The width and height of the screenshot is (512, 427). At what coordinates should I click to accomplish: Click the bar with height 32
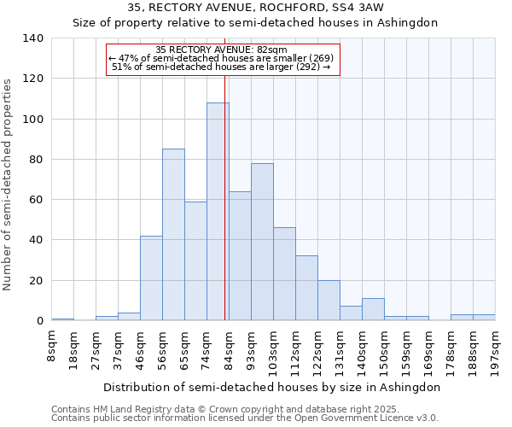click(x=306, y=288)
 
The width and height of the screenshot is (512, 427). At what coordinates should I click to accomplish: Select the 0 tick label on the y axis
click(x=39, y=321)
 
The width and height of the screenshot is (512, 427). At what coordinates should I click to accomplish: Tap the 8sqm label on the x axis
click(x=52, y=346)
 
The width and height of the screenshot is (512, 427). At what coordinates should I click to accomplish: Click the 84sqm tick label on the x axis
click(x=230, y=348)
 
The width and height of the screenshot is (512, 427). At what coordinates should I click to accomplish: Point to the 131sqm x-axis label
click(x=340, y=351)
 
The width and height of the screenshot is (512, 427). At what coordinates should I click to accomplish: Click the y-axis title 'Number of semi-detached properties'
click(x=8, y=184)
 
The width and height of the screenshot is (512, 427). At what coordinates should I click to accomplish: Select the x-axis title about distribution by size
click(x=277, y=387)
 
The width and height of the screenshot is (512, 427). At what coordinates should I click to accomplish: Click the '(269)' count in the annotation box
click(x=317, y=58)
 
